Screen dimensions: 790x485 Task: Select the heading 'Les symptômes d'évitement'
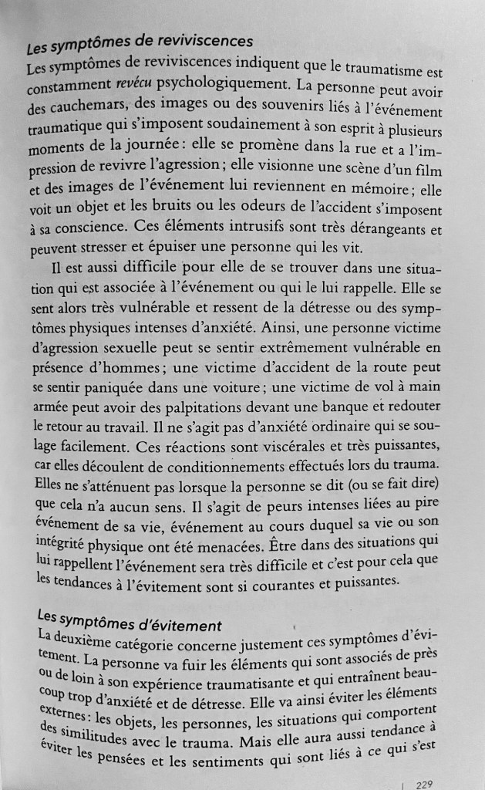[129, 622]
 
